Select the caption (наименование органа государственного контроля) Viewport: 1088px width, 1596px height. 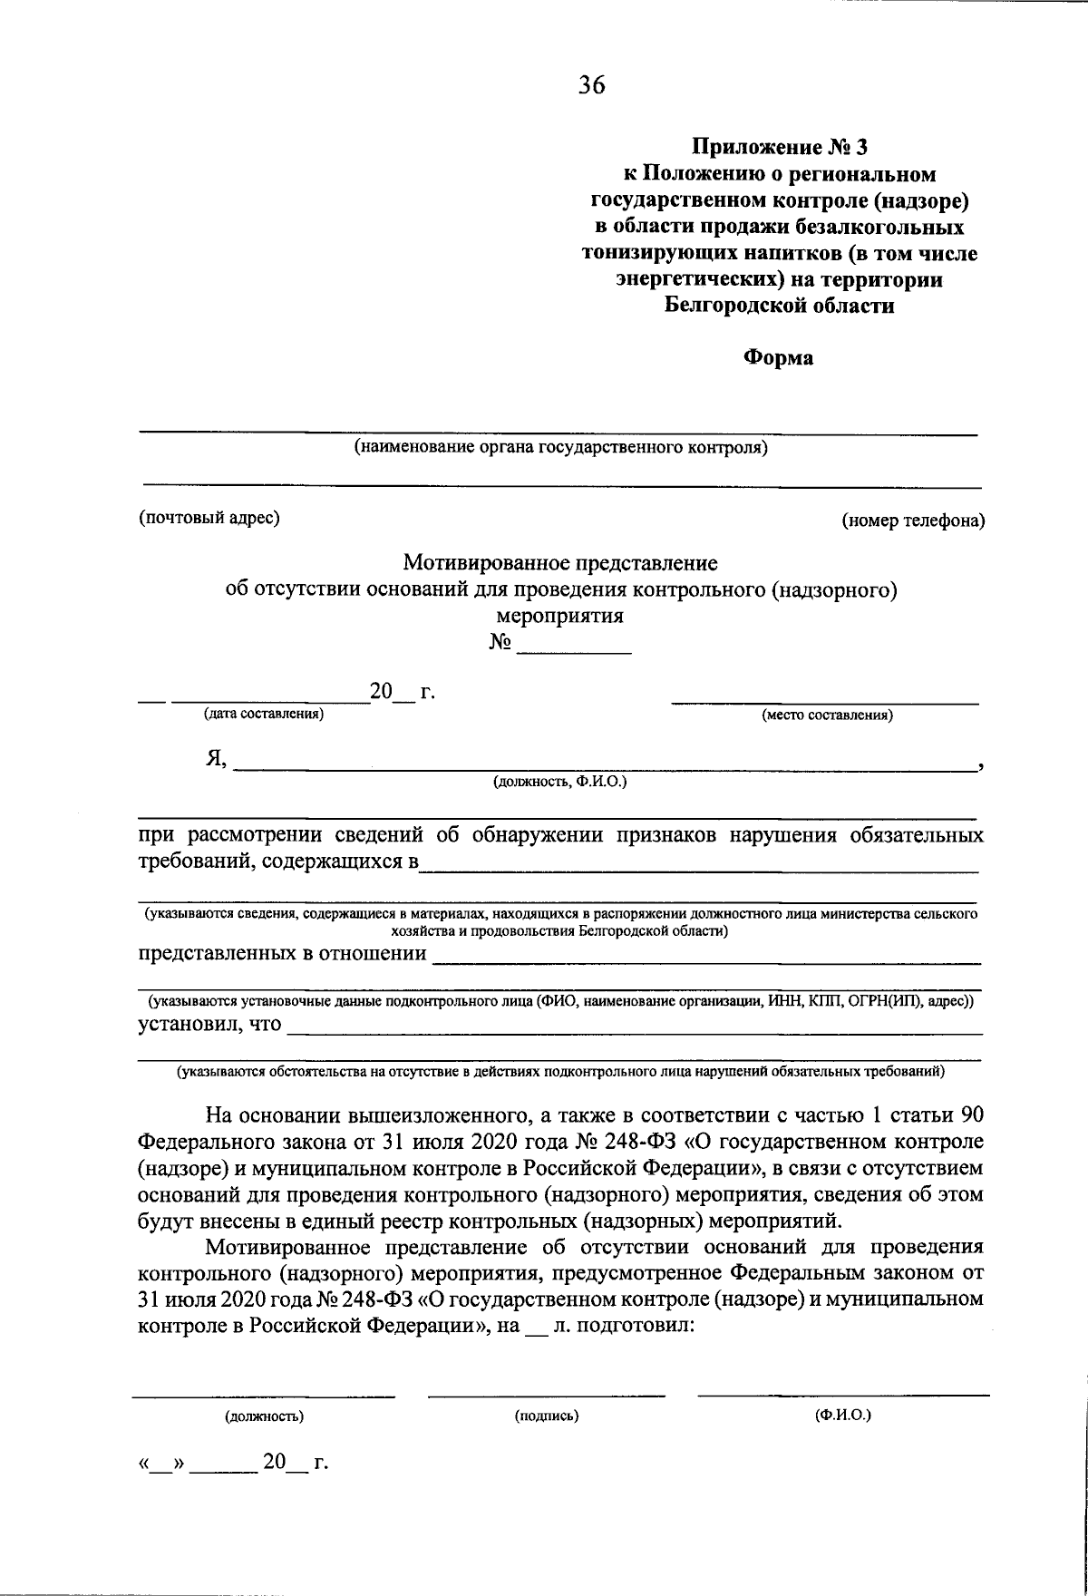click(561, 447)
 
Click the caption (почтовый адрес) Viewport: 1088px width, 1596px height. click(209, 518)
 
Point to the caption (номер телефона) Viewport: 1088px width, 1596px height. click(913, 521)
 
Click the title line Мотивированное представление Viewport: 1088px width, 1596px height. click(560, 563)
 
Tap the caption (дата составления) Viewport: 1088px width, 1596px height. click(264, 715)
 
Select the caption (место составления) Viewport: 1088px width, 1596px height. click(827, 715)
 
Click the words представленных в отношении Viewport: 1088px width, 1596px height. click(282, 953)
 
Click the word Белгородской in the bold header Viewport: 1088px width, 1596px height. click(731, 306)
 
